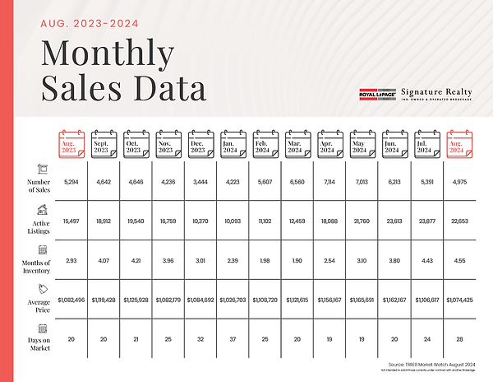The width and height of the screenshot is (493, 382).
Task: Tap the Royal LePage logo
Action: pyautogui.click(x=379, y=95)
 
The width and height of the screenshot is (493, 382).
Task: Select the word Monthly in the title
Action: pyautogui.click(x=108, y=53)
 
